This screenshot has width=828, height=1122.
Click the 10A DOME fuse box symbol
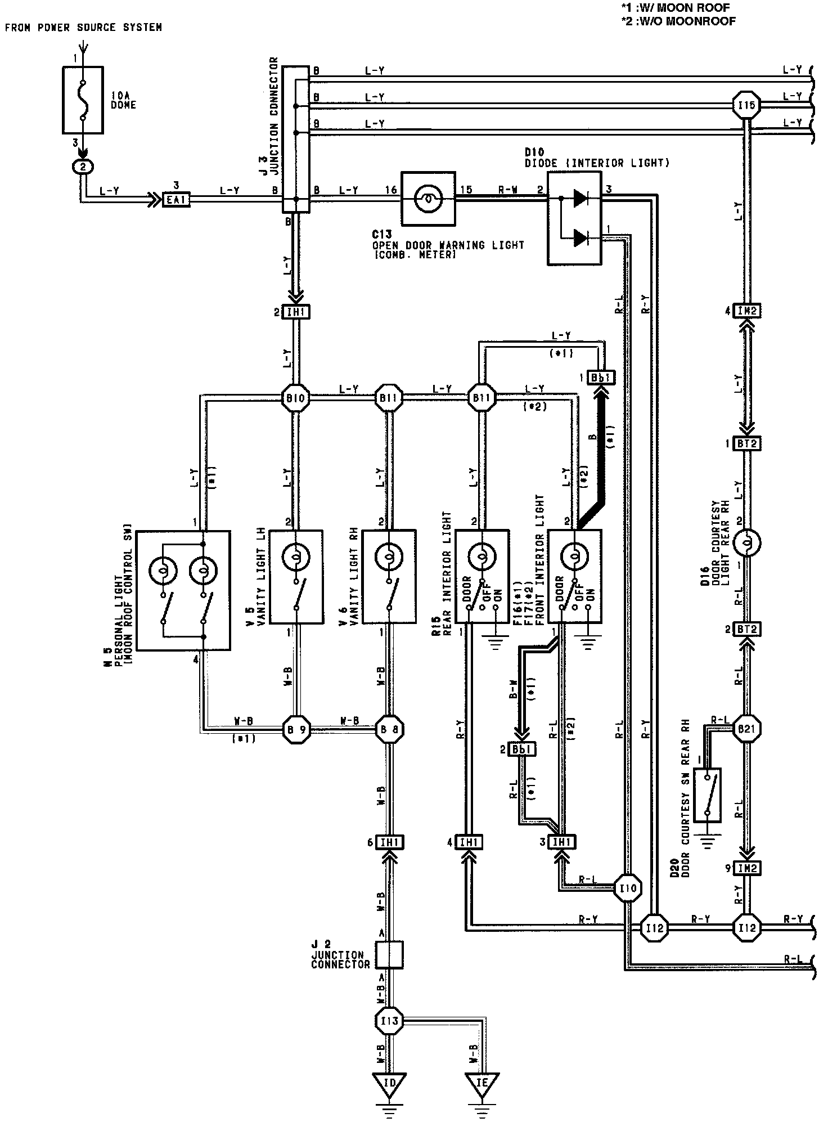pos(83,100)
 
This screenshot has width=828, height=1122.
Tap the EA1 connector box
pos(175,199)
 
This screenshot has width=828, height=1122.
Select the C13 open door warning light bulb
pos(427,198)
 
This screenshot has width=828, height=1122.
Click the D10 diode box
pos(574,218)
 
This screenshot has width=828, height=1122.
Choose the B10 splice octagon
pos(295,398)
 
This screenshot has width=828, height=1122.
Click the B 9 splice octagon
pos(295,730)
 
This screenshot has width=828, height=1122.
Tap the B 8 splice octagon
pos(389,730)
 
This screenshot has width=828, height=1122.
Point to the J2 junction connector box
pos(389,955)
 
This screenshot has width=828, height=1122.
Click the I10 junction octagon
pos(627,888)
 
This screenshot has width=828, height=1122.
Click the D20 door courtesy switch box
pos(708,795)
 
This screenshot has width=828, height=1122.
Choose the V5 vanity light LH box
pos(296,576)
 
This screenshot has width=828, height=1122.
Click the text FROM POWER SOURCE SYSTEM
pos(83,27)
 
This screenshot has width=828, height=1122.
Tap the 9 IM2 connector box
pos(748,868)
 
